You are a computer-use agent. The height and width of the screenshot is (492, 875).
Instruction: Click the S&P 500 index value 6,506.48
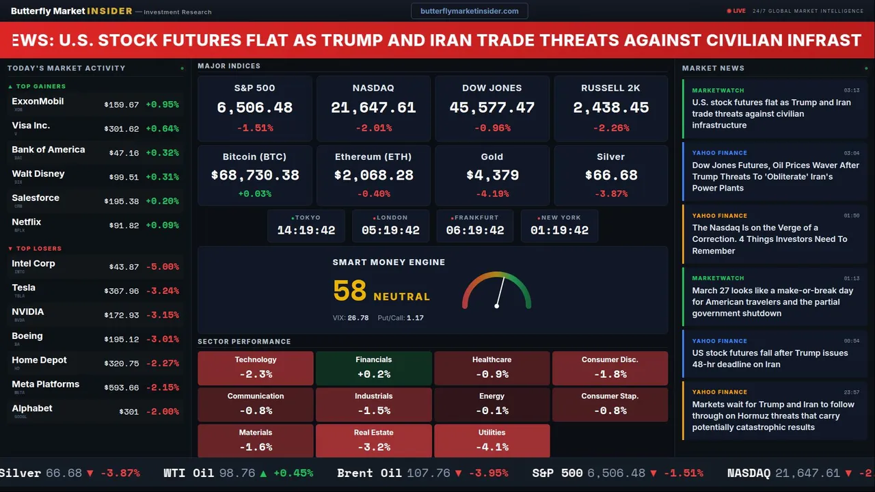pos(254,107)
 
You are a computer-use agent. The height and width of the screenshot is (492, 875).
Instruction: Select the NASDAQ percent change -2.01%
pos(373,128)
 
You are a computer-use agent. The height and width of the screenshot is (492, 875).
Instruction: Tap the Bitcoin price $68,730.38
pos(254,175)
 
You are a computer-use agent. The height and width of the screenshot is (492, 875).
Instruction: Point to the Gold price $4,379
pos(492,175)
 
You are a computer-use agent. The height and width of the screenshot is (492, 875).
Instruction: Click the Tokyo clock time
pos(306,230)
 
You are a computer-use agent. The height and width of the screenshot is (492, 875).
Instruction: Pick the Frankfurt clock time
pos(475,230)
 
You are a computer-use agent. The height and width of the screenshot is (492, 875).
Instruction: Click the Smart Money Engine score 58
pos(350,291)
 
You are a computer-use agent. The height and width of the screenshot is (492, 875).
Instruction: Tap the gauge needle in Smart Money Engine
pos(500,291)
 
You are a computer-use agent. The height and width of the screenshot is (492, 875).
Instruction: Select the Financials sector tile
pos(373,368)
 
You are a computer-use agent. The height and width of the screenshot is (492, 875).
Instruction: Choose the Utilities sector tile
pos(492,441)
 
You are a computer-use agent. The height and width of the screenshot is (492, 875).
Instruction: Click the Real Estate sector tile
pos(373,441)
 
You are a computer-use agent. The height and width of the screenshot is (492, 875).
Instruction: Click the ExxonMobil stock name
pos(38,101)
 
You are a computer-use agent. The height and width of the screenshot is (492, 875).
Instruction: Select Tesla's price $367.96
pos(122,291)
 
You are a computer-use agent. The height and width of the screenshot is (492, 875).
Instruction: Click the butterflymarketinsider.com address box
pos(469,11)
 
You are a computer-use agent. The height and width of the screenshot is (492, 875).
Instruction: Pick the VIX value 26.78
pos(358,318)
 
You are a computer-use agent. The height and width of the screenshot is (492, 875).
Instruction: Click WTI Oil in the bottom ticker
pos(189,473)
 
